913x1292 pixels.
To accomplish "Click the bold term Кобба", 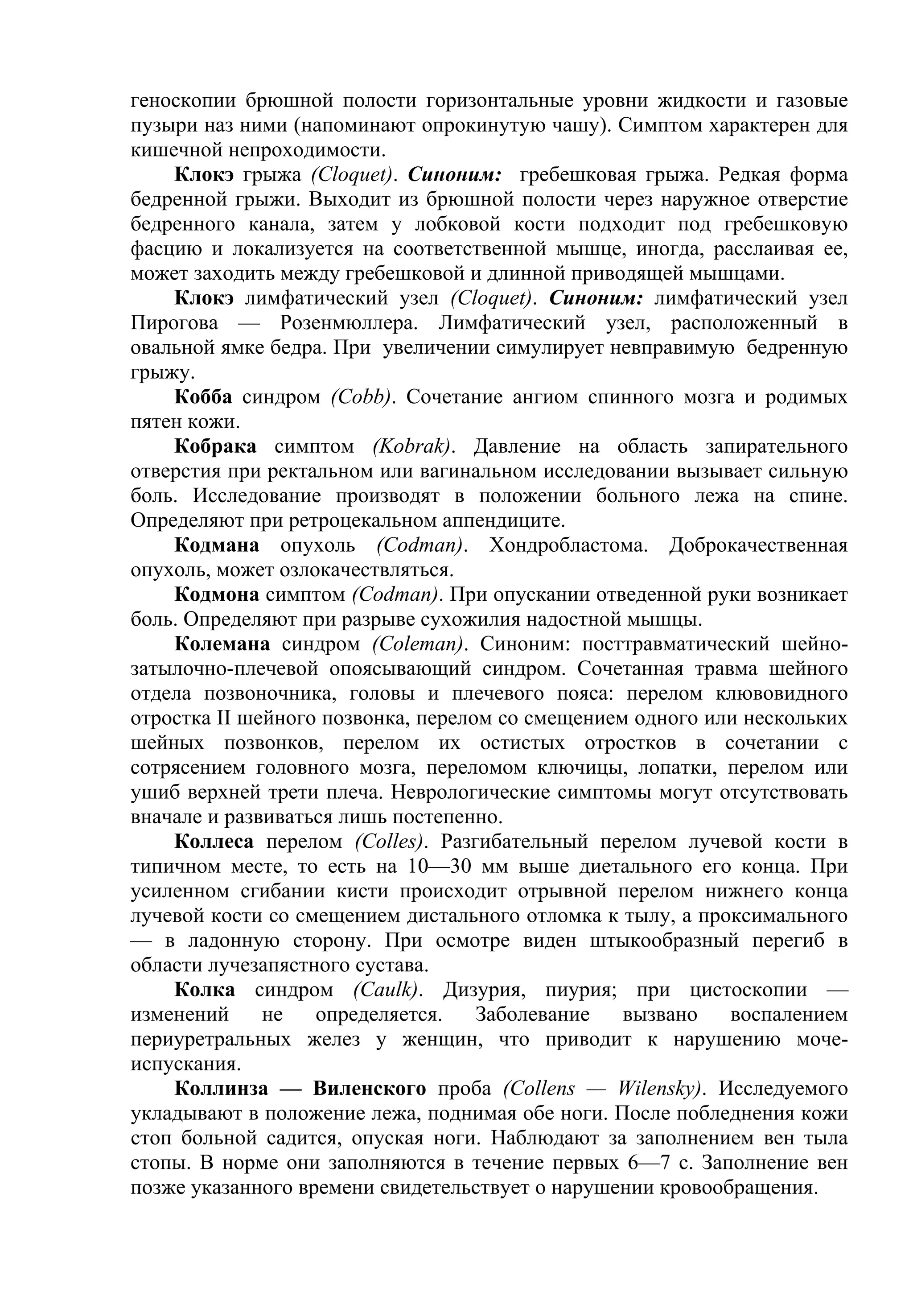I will point(203,398).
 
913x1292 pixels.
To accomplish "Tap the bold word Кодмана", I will point(217,546).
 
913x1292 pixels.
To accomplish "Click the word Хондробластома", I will point(569,546).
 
